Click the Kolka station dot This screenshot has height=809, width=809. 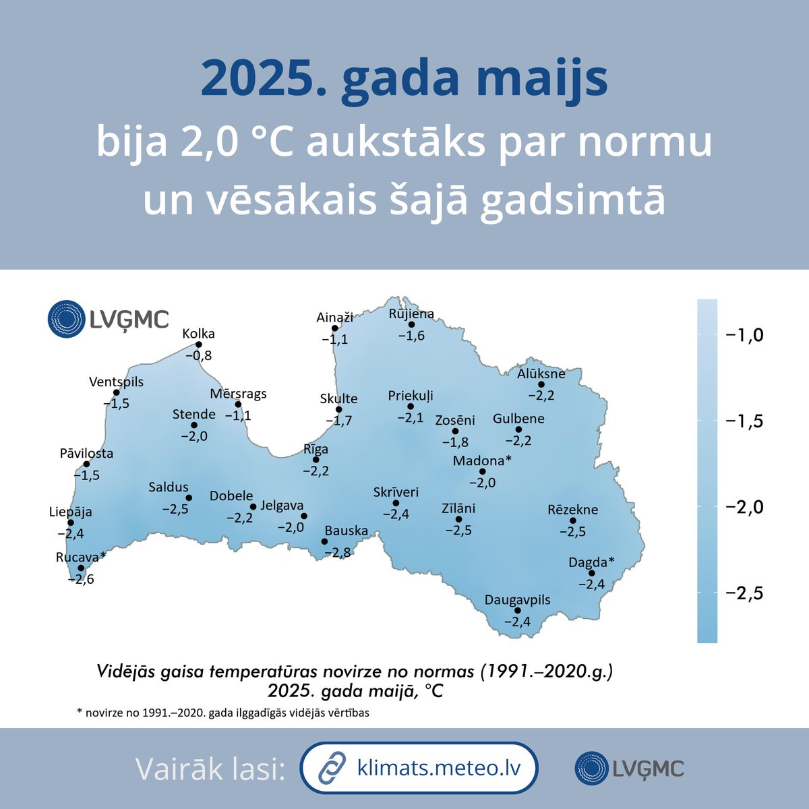(x=199, y=344)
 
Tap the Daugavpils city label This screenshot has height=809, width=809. (x=518, y=600)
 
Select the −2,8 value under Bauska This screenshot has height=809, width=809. (x=337, y=553)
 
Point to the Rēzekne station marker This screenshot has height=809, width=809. (x=573, y=520)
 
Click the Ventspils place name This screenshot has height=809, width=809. (x=116, y=382)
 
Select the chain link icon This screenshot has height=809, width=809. (x=332, y=769)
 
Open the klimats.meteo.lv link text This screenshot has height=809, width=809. (x=438, y=769)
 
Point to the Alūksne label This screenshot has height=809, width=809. (x=541, y=373)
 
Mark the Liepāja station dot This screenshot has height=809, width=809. (x=71, y=522)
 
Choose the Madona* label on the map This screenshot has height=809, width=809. (x=482, y=460)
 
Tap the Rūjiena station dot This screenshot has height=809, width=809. (x=411, y=324)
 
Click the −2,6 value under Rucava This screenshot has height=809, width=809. (x=81, y=579)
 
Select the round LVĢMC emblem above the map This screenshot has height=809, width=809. (x=66, y=318)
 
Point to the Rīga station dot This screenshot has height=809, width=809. (x=316, y=460)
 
